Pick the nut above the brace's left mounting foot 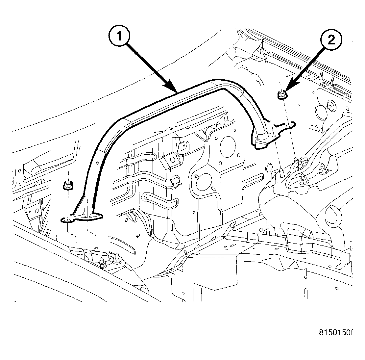(x=68, y=187)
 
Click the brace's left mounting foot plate (x=82, y=218)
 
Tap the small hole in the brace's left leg (x=98, y=163)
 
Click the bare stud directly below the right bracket (x=282, y=173)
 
